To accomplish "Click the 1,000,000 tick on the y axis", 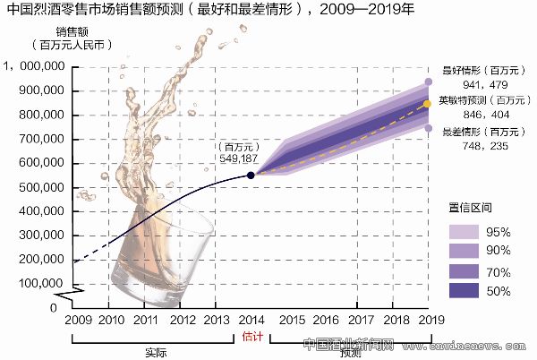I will tap(35, 66).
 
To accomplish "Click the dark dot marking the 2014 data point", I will tap(251, 175).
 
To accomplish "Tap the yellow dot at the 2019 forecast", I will tap(428, 104).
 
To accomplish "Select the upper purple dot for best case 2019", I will tap(428, 81).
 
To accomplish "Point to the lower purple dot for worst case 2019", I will tap(428, 128).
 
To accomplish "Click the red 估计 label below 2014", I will tap(251, 338).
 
